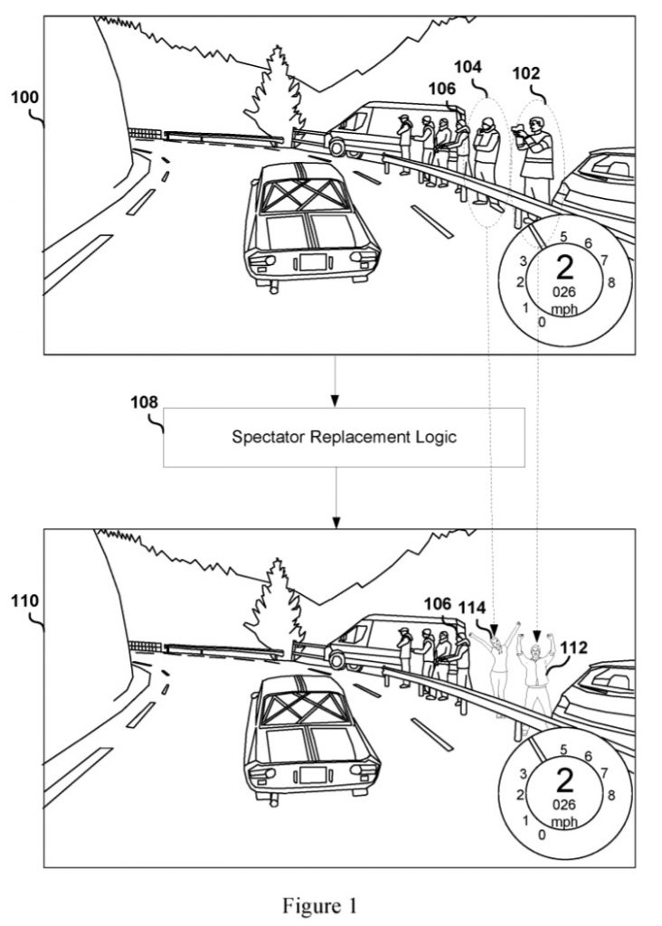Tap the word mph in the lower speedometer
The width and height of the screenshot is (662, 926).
(x=564, y=821)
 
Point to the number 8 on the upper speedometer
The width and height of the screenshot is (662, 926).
(x=611, y=283)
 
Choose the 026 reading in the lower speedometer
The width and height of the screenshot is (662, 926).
(x=564, y=804)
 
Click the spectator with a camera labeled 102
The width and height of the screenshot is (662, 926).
(x=535, y=163)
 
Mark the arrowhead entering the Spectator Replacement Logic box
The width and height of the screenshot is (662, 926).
(x=335, y=402)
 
